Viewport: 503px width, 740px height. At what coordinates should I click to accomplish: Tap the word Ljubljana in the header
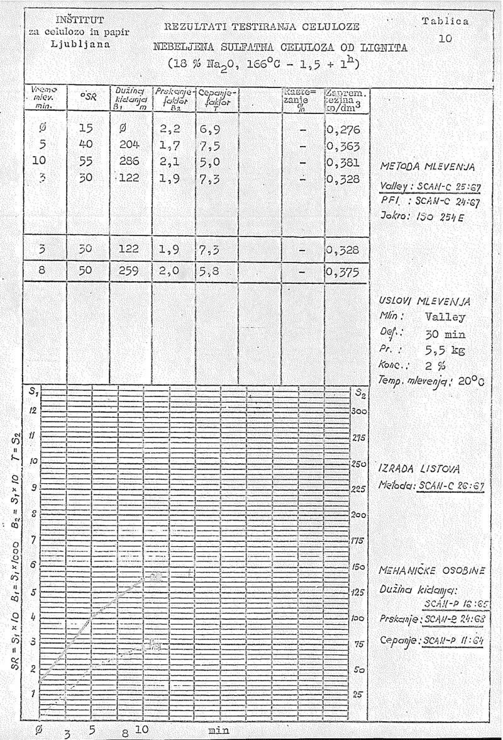coord(80,46)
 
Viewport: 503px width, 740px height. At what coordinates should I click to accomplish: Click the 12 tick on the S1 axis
coord(32,409)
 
